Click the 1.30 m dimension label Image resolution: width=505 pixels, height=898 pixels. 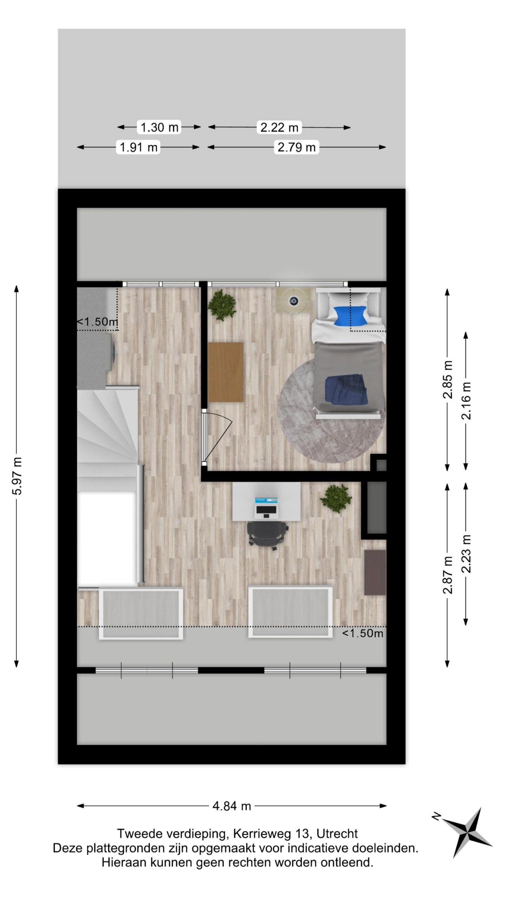(x=159, y=127)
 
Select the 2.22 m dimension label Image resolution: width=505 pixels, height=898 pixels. (x=279, y=127)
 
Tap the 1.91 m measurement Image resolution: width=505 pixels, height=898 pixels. (x=138, y=147)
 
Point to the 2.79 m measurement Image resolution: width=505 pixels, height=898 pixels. (x=296, y=147)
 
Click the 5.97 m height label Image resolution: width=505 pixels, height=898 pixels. (x=16, y=476)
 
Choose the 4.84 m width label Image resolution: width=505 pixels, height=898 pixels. (x=231, y=806)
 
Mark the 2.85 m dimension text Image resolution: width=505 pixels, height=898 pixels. (x=448, y=380)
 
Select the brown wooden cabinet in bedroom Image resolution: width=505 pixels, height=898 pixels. (x=225, y=372)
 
